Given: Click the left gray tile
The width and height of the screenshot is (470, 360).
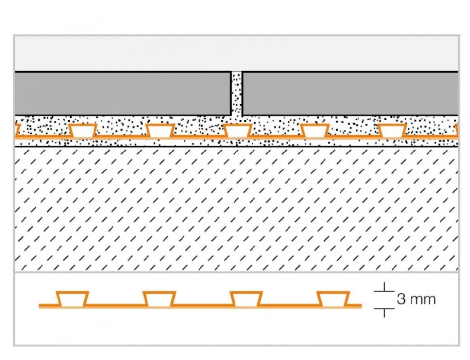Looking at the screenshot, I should pyautogui.click(x=122, y=93).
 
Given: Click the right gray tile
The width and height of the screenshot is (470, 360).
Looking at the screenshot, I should pyautogui.click(x=350, y=93).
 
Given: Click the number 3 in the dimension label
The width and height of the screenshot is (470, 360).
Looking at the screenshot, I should pyautogui.click(x=401, y=299).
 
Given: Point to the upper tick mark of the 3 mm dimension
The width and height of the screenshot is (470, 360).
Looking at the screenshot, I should pyautogui.click(x=385, y=290).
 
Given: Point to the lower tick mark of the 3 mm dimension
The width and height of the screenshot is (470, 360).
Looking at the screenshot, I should pyautogui.click(x=385, y=310).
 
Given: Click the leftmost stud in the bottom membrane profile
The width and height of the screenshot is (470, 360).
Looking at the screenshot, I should pyautogui.click(x=72, y=300).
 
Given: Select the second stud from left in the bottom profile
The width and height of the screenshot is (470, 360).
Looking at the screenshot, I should pyautogui.click(x=159, y=300).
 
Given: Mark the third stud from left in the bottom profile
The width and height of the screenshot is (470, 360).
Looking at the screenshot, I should pyautogui.click(x=245, y=300).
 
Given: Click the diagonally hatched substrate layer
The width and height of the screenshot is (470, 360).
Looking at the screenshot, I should pyautogui.click(x=236, y=207).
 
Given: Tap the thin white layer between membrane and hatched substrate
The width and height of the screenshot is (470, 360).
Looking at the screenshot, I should pyautogui.click(x=236, y=143).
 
